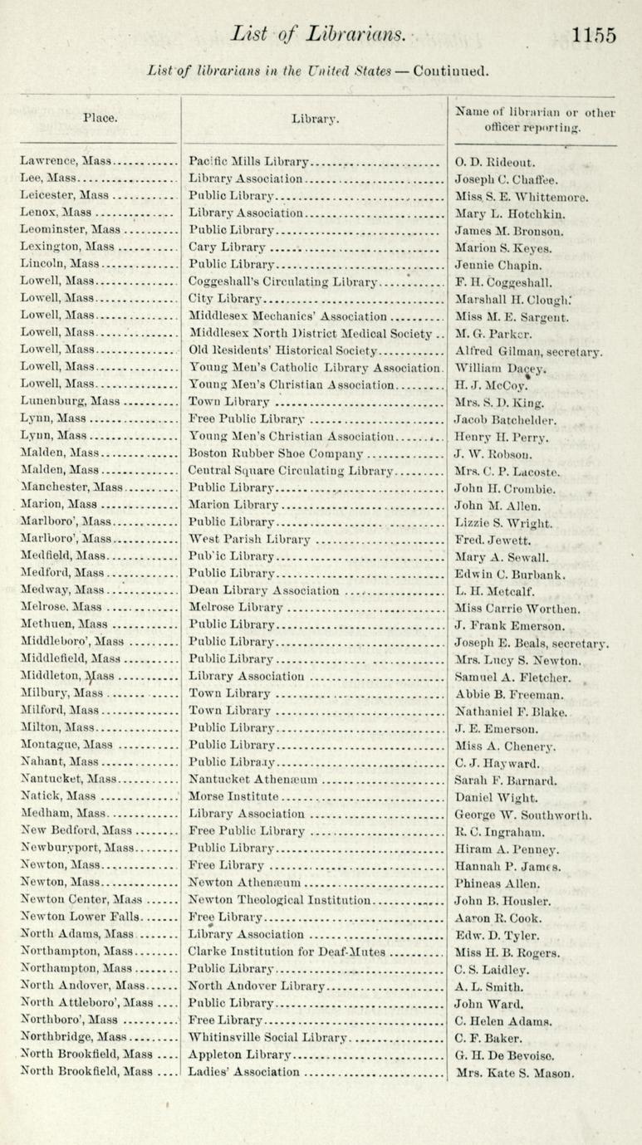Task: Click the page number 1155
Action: pyautogui.click(x=594, y=36)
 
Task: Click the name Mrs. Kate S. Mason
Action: pyautogui.click(x=515, y=1073)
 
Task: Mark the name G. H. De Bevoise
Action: pyautogui.click(x=507, y=1054)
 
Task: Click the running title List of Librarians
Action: pyautogui.click(x=319, y=36)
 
